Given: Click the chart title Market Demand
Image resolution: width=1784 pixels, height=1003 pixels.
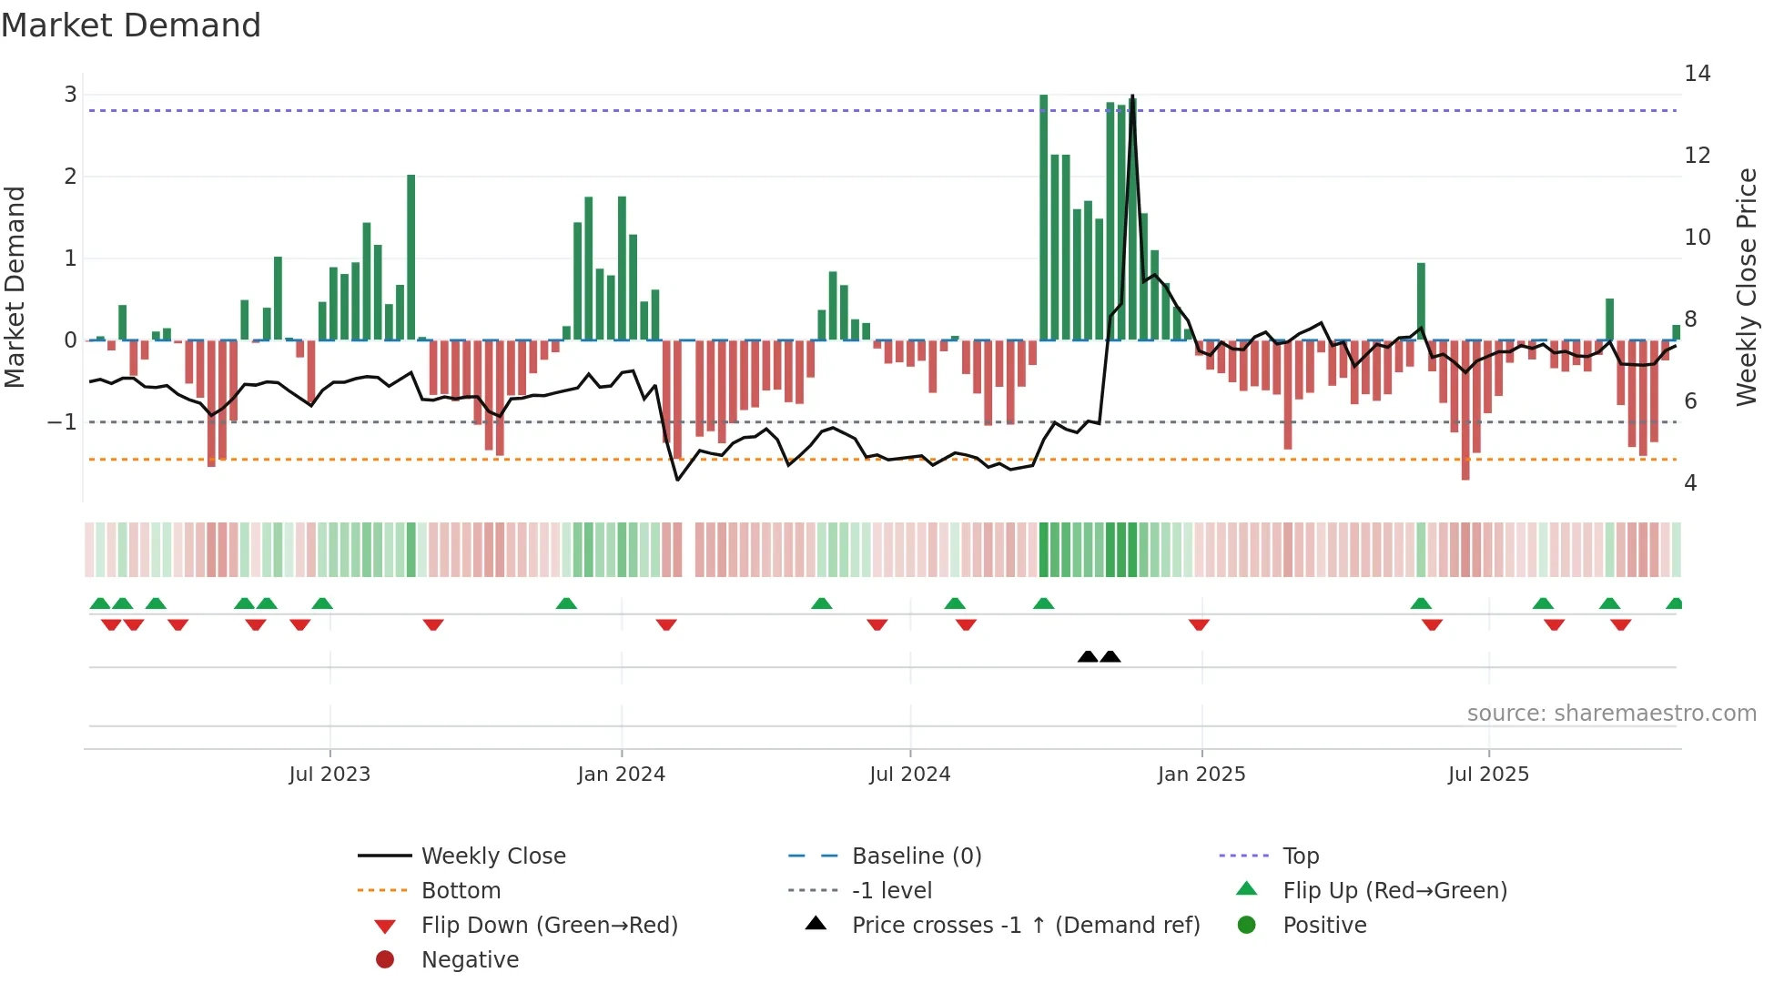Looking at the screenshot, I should [131, 25].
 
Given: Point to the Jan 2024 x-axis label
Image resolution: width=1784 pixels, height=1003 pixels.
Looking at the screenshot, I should [621, 775].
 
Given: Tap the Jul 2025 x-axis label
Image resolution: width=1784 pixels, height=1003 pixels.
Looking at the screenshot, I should [1488, 775].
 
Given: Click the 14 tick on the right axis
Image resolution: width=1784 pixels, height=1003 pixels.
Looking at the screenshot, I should [1697, 74].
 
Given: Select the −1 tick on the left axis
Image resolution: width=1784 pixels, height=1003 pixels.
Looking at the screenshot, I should [62, 422].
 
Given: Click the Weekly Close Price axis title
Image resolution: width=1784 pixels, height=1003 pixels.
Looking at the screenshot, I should [1746, 287].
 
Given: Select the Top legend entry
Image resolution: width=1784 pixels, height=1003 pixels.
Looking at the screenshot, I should [1300, 856].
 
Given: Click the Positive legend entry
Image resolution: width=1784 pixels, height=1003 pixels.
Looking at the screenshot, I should [1324, 926].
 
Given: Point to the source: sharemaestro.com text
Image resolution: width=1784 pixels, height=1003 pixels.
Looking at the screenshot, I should [1611, 714].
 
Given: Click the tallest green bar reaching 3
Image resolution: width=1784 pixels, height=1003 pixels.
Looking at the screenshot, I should [1044, 218].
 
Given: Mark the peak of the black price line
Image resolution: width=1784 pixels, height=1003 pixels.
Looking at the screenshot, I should [1132, 96].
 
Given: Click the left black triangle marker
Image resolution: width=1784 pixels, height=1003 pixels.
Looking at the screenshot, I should [1088, 656].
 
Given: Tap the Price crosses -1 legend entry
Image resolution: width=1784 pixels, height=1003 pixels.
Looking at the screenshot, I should [1025, 926].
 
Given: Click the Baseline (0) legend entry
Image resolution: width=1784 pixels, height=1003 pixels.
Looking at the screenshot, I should [916, 856].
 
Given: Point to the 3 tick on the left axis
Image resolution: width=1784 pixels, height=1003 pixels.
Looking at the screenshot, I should [70, 95].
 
